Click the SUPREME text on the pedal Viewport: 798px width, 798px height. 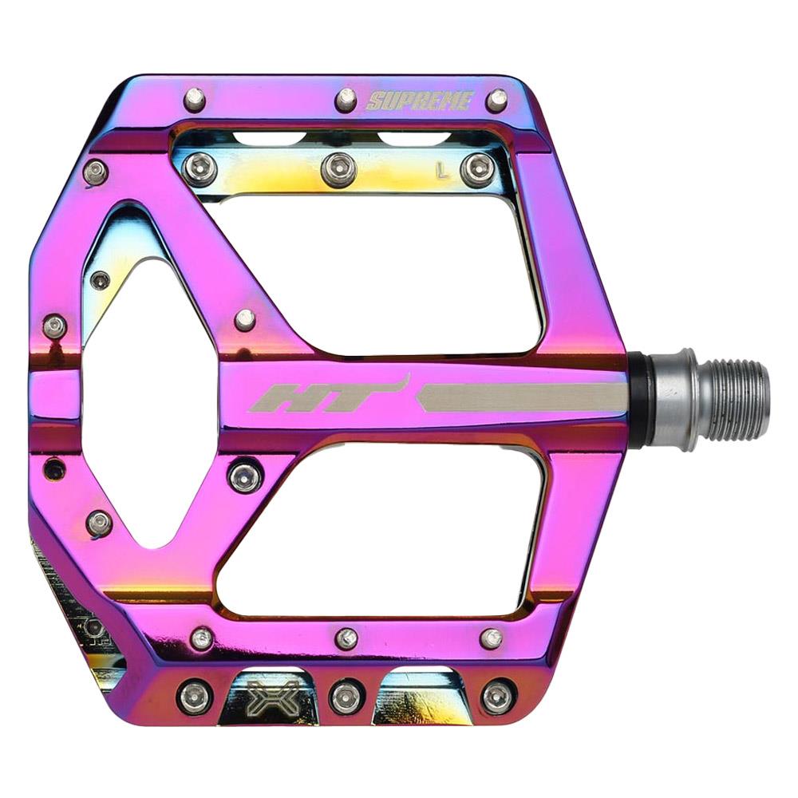(420, 101)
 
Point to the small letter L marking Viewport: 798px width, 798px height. (440, 168)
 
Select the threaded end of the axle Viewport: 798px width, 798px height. (735, 400)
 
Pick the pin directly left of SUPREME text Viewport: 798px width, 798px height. (346, 99)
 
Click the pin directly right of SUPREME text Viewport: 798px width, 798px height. (497, 100)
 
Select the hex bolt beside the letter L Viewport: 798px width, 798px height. (478, 169)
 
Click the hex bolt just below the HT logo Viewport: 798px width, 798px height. (245, 476)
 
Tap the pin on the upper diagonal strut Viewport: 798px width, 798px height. (245, 319)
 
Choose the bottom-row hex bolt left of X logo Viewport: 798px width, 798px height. (194, 696)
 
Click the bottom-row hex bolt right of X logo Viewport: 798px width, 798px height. (346, 696)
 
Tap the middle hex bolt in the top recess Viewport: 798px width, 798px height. (338, 169)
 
